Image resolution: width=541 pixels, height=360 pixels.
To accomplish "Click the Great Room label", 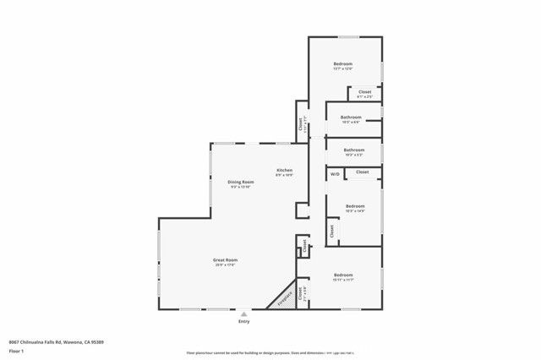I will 225,259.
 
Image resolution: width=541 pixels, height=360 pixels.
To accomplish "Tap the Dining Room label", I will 241,182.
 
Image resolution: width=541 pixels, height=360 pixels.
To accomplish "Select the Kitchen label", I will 285,170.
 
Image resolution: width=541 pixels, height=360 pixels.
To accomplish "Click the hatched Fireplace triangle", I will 288,297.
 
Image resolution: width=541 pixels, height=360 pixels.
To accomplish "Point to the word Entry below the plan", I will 244,321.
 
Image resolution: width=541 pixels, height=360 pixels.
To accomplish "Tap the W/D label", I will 335,174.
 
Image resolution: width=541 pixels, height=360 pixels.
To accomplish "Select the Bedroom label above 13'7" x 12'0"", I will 342,64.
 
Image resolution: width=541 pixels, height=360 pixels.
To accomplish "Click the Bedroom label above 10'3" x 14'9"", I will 355,205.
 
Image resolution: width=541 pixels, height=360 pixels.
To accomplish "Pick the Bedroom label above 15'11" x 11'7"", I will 342,275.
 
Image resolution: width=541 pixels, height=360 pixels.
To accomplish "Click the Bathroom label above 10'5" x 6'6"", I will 351,117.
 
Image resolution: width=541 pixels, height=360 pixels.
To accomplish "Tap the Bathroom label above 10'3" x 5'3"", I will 353,150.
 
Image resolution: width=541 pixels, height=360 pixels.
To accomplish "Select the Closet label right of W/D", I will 362,172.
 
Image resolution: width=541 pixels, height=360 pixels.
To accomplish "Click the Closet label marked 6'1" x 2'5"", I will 364,91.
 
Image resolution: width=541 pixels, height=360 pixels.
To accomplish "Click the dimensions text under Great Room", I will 225,265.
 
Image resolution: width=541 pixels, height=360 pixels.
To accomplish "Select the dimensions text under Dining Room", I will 241,187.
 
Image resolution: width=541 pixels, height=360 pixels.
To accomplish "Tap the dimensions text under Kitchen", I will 285,175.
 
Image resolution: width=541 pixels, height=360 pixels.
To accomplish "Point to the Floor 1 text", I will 17,350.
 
